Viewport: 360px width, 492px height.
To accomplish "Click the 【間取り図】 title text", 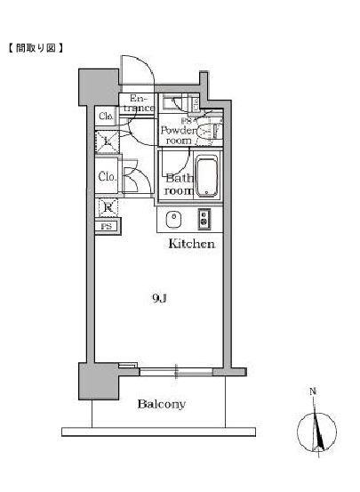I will coord(36,47).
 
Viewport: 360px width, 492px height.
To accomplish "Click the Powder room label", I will coord(176,134).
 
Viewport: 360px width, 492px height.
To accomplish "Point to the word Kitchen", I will coord(192,242).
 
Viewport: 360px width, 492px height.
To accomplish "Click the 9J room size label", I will coord(157,300).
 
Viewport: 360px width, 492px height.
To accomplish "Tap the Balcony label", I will coord(161,405).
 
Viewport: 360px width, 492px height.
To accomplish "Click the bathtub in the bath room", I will coord(206,177).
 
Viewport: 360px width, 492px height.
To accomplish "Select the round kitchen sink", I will coord(174,219).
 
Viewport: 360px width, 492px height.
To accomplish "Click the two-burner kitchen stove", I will coord(204,219).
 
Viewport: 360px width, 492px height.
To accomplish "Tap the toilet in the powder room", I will coord(207,133).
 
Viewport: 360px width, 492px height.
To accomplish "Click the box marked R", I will coord(107,209).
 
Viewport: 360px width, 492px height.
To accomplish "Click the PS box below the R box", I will coord(107,227).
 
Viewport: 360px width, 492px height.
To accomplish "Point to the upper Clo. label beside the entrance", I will coord(105,117).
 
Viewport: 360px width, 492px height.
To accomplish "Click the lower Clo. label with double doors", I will coord(105,176).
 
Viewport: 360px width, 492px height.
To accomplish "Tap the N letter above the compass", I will coord(312,391).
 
